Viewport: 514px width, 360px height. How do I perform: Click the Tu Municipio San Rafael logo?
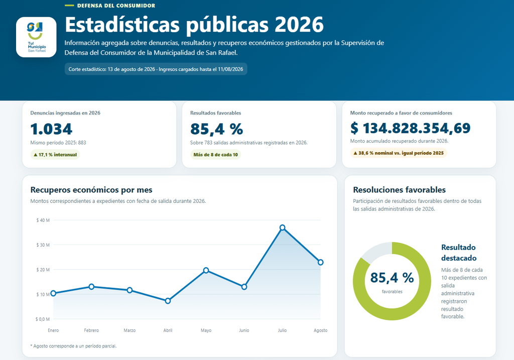(x=36, y=37)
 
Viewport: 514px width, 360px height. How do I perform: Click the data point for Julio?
(x=282, y=227)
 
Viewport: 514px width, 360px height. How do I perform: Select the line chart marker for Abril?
(x=168, y=301)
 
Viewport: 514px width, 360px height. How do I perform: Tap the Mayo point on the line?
(x=206, y=271)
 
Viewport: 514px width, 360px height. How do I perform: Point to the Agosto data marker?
(x=321, y=262)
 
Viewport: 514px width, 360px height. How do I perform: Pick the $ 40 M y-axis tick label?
(x=43, y=220)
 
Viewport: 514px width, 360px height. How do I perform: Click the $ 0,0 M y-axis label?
(x=43, y=319)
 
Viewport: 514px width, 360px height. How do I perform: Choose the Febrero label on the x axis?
(x=91, y=330)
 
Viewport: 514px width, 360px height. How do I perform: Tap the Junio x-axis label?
(x=244, y=330)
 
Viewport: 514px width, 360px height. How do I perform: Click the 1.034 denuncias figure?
(x=51, y=129)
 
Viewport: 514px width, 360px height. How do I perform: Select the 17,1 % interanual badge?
(x=55, y=155)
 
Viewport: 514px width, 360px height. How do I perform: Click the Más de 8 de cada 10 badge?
(x=216, y=155)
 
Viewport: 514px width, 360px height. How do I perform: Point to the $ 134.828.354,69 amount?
(x=411, y=128)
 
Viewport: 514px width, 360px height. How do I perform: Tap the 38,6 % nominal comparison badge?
(x=399, y=153)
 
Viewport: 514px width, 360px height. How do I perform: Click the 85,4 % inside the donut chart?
(x=392, y=278)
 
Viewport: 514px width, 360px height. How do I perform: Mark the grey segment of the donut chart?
(x=376, y=251)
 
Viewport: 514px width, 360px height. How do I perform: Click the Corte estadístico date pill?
(x=156, y=69)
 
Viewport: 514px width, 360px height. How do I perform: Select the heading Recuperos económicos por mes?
(x=91, y=190)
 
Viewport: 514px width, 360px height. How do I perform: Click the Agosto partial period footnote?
(x=73, y=346)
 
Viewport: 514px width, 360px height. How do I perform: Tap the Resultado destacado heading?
(x=459, y=253)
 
